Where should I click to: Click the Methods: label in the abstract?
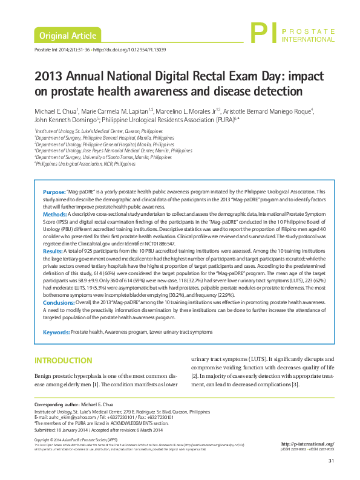pos(55,215)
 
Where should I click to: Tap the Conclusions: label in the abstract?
pos(60,303)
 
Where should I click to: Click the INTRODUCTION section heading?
pos(63,361)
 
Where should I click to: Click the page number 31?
pos(331,462)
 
